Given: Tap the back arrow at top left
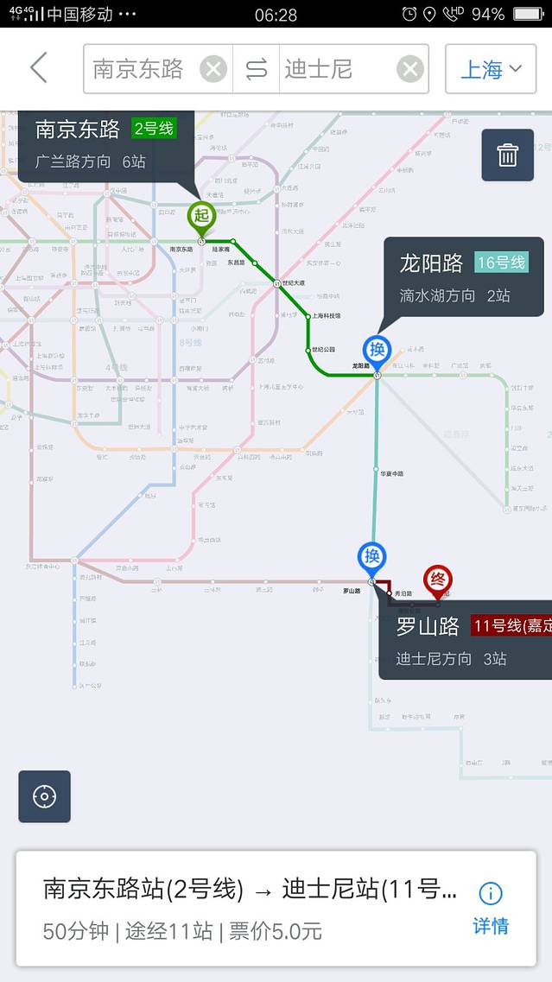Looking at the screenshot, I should [39, 68].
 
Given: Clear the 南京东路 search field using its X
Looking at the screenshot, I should [213, 69].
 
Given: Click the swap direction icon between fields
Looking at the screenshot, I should [257, 69].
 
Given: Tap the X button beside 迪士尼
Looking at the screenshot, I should [409, 69].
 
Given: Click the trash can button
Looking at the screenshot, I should [507, 155].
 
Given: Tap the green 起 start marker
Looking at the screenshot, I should [201, 216].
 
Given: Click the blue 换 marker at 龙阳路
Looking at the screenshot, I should [377, 350].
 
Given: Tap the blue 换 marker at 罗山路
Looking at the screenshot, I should [372, 557].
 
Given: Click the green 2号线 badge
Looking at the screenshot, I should [154, 130].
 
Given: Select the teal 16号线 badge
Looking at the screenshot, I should [500, 263].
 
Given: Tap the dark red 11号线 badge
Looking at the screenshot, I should [510, 626].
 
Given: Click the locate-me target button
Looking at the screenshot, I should [44, 796].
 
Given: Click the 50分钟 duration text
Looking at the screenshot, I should [76, 931].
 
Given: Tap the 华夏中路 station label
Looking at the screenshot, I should [391, 474].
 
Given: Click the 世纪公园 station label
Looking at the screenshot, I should [323, 350].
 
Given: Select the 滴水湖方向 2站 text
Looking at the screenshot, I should [454, 295].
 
